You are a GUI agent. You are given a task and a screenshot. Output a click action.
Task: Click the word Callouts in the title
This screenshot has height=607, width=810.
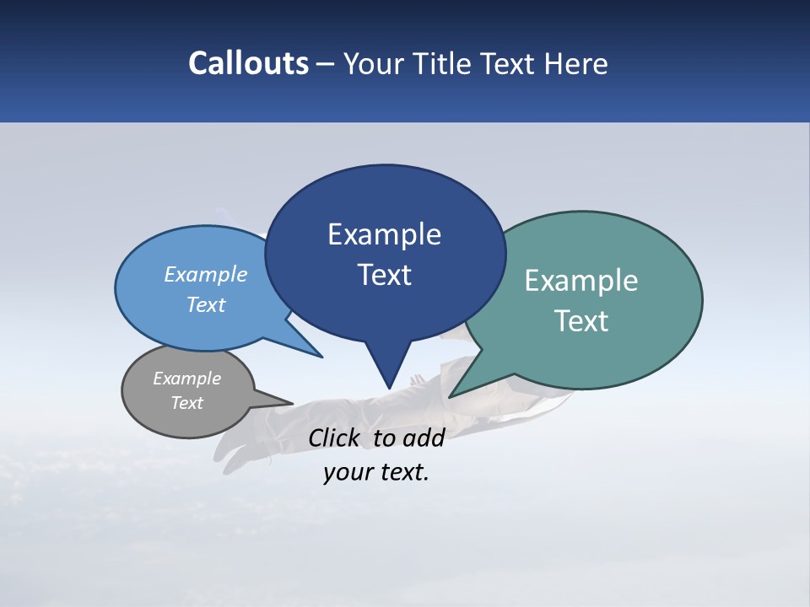(x=249, y=64)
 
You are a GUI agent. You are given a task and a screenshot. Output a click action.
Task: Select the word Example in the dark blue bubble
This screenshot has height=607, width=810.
(x=384, y=234)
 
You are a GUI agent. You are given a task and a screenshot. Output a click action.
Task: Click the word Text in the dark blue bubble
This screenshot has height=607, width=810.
(x=384, y=275)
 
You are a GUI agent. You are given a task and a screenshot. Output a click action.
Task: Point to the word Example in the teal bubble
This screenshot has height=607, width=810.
(x=581, y=281)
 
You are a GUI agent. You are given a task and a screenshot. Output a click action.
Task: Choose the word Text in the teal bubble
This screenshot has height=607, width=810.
(x=581, y=321)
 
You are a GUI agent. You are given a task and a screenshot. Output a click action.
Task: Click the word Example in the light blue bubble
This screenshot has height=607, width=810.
(x=206, y=274)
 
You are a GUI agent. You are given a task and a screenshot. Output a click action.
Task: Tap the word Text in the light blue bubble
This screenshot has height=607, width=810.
(x=206, y=305)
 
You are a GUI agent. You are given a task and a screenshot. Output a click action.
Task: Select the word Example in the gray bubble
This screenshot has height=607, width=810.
(x=186, y=379)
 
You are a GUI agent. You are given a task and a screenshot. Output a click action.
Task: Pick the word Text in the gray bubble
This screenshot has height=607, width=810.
(x=186, y=403)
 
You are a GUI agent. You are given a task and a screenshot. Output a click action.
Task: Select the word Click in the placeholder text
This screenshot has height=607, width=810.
(x=335, y=438)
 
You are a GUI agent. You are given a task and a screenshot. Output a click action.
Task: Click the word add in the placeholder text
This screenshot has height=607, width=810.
(x=424, y=438)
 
